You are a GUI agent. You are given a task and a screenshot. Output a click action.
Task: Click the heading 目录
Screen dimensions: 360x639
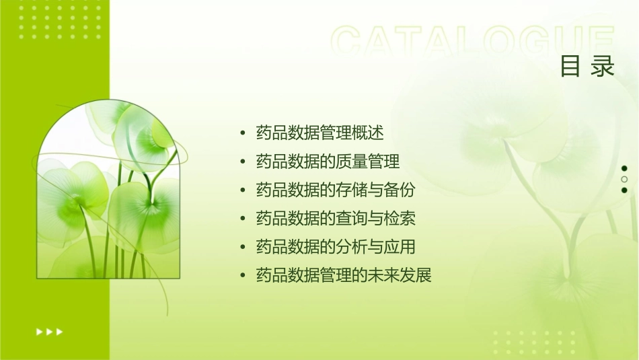[587, 67]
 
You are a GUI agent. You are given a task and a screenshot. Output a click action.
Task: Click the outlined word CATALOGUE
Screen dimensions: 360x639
[473, 42]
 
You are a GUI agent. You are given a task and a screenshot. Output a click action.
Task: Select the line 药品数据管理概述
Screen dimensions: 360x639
[320, 133]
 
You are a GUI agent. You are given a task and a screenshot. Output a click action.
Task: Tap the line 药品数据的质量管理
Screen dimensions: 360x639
[328, 161]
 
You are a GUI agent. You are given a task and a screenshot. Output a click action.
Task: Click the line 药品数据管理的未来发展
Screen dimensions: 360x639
[344, 275]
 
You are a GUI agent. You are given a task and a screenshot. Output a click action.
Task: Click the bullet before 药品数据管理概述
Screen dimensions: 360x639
[242, 133]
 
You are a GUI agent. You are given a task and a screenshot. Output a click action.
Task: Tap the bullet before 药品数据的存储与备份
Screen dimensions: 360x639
[242, 190]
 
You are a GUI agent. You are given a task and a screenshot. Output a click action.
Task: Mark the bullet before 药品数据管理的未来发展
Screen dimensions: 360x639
[242, 275]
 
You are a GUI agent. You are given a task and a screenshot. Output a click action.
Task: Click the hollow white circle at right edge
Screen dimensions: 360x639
[624, 179]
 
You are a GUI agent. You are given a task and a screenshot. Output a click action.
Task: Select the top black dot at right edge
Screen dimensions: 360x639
[624, 168]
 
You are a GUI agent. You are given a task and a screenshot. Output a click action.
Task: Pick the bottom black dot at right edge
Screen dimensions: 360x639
[624, 190]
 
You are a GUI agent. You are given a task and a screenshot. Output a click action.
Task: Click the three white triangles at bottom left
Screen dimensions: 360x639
[49, 332]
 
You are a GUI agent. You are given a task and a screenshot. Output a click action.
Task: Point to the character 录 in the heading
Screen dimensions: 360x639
[603, 67]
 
